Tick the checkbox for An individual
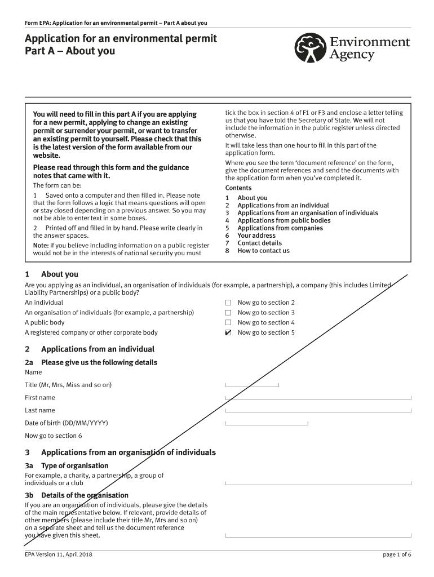228,303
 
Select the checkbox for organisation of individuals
228,313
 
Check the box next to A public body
228,323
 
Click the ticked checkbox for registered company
228,333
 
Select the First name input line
318,397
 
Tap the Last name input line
318,410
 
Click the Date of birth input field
267,423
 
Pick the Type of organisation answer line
318,482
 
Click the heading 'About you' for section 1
59,274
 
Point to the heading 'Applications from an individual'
98,349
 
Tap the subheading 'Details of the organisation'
85,495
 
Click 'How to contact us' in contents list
263,251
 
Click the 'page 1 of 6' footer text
397,554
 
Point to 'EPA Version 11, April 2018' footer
59,554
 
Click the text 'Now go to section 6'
54,436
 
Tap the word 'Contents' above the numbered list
238,188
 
